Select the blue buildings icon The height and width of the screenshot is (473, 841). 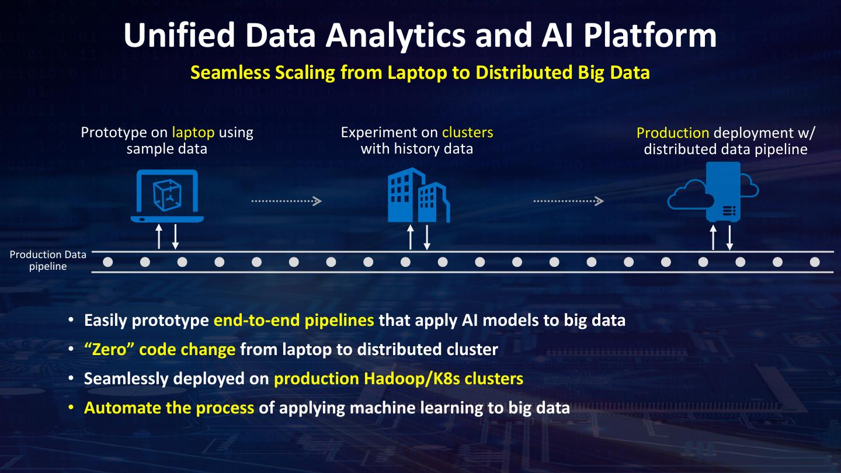pyautogui.click(x=418, y=196)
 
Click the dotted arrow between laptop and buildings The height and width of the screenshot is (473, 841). pyautogui.click(x=286, y=201)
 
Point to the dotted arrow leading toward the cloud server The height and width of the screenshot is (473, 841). pyautogui.click(x=568, y=201)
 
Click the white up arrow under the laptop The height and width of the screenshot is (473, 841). pyautogui.click(x=159, y=237)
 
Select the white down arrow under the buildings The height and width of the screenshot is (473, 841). pyautogui.click(x=427, y=237)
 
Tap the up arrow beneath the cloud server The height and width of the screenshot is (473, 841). pyautogui.click(x=713, y=237)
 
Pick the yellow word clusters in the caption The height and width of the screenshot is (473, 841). pyautogui.click(x=467, y=133)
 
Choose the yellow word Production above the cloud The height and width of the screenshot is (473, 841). pyautogui.click(x=673, y=133)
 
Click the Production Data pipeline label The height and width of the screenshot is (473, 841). pyautogui.click(x=48, y=260)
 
